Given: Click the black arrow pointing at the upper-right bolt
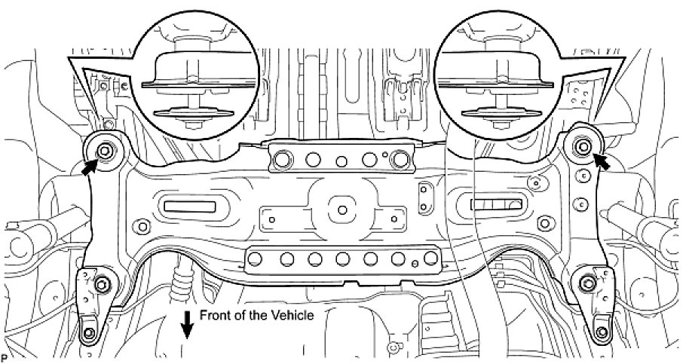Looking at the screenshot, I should pos(602,161).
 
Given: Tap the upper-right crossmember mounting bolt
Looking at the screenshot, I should pos(582,144).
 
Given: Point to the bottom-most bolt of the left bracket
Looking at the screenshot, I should pos(90,334).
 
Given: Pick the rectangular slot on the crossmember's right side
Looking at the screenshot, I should pos(495,203).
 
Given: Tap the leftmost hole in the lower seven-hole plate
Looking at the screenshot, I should pos(255,259).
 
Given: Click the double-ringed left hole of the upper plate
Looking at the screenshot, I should pos(285,159).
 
